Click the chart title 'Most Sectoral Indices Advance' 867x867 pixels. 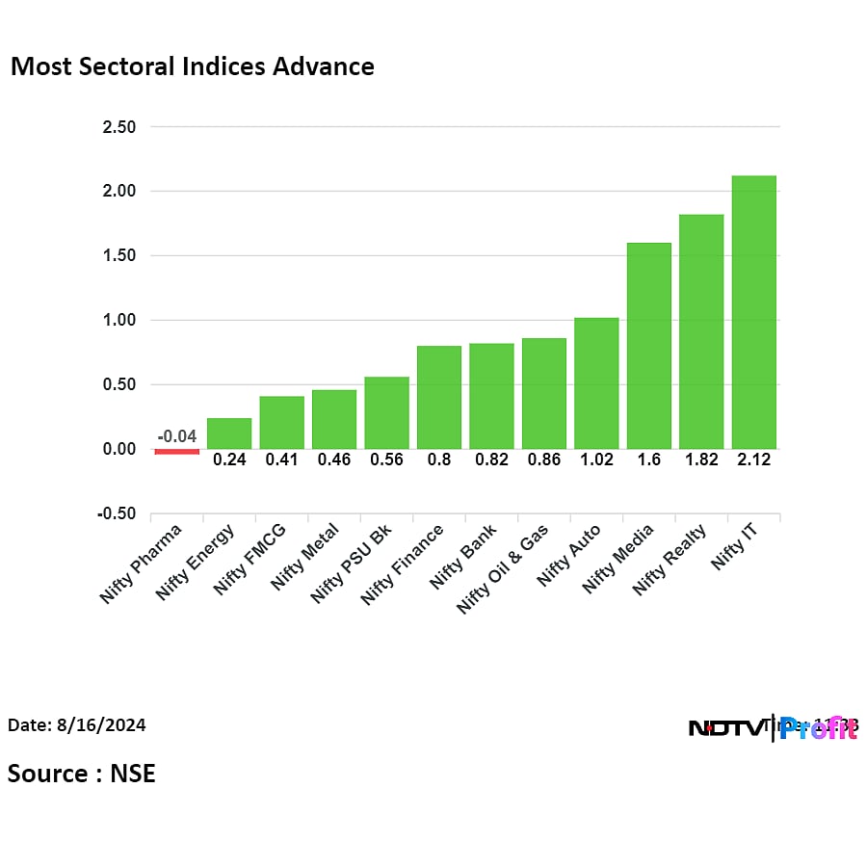(192, 66)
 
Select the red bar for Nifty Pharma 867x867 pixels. (177, 451)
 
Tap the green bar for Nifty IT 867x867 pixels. (753, 312)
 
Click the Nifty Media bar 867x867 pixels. (648, 346)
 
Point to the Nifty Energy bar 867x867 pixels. (229, 433)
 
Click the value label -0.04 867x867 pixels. (176, 436)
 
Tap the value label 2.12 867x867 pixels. (753, 460)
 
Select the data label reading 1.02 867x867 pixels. (596, 460)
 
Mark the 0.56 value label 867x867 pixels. (386, 460)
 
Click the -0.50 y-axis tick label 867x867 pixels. (116, 513)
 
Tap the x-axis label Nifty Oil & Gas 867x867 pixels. (503, 568)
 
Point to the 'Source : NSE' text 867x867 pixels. (82, 774)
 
